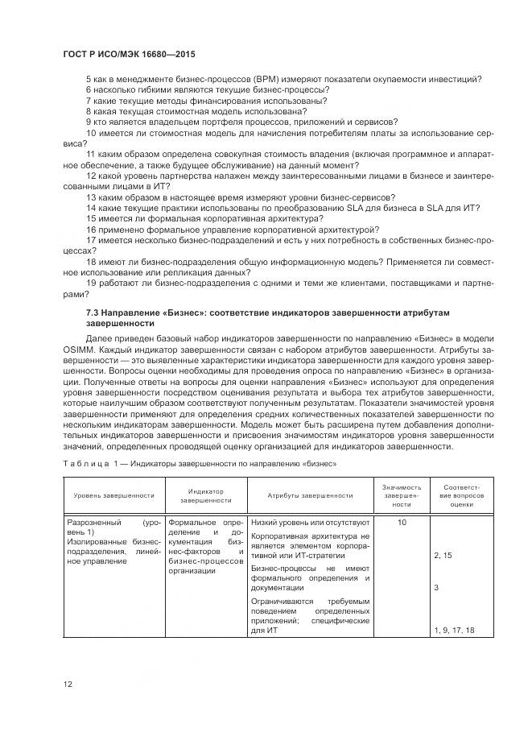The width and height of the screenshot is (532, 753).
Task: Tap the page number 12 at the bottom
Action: [68, 684]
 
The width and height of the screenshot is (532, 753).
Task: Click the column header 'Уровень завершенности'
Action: [113, 495]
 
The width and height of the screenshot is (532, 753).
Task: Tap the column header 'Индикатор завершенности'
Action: [205, 495]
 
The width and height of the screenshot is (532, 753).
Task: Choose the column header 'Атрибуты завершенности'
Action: [310, 495]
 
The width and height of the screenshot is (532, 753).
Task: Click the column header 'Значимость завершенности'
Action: [402, 495]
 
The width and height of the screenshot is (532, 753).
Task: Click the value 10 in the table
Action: [402, 523]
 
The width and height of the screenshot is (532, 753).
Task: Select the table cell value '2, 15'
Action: [443, 556]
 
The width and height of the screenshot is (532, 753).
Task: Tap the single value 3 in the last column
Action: [436, 588]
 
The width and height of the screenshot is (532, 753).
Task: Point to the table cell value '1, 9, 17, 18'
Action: [453, 630]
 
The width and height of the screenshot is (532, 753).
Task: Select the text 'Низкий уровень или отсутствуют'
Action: [310, 523]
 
